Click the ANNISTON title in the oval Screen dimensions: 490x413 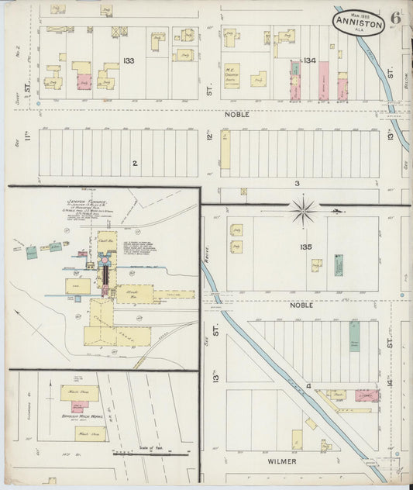(358, 23)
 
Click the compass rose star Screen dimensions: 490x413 (304, 208)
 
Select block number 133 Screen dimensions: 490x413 (128, 60)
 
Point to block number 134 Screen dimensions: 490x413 (310, 60)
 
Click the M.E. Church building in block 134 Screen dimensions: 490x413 (232, 75)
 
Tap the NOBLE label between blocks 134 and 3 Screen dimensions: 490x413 (237, 114)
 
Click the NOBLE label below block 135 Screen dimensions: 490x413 (301, 305)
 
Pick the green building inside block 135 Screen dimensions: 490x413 (339, 266)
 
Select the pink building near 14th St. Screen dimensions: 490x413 (366, 395)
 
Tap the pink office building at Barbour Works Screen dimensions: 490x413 (79, 405)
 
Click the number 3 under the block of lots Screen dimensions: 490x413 (297, 183)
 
